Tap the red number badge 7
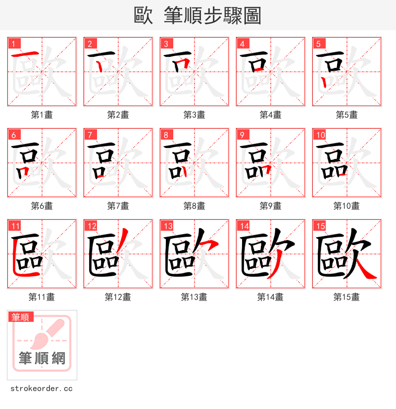click(90, 135)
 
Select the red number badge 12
click(91, 226)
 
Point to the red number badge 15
click(319, 226)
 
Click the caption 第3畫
click(194, 115)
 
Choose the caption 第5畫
click(346, 115)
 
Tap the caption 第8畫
click(194, 206)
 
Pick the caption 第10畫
click(346, 206)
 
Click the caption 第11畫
click(42, 297)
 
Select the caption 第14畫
click(270, 297)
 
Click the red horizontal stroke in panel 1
click(25, 54)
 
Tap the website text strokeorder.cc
click(42, 389)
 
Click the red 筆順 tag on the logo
click(21, 317)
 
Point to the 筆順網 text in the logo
click(42, 358)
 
